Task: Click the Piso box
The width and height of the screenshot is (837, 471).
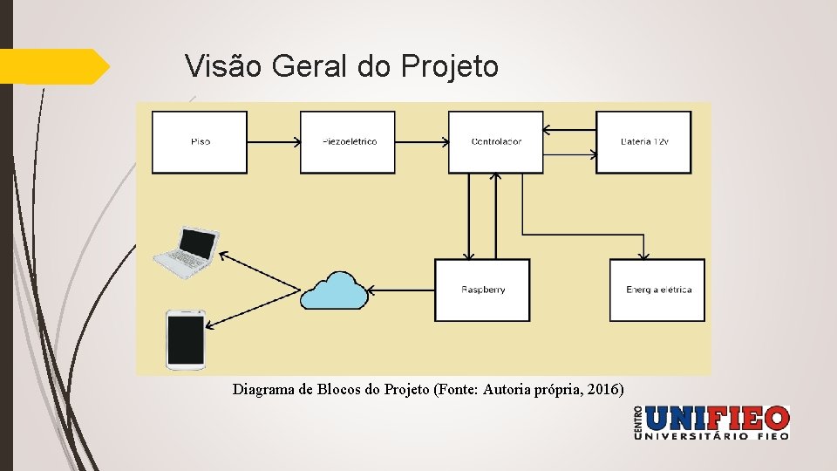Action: [200, 141]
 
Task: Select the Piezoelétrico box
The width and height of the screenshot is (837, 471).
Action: [348, 141]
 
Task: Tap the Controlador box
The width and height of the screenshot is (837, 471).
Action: [495, 141]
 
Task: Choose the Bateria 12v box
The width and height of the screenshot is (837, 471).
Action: [643, 141]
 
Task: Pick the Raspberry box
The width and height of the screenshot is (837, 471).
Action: [482, 290]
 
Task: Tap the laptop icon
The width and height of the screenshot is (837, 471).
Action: [185, 252]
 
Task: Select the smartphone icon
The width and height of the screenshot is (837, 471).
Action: [186, 338]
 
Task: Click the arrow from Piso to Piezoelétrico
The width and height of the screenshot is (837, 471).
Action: [274, 141]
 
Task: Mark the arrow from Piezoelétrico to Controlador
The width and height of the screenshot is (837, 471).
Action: [422, 141]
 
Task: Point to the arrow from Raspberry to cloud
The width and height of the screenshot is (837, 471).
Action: [401, 290]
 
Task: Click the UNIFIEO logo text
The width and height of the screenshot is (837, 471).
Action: [718, 419]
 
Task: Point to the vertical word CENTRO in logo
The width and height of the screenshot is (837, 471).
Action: [639, 422]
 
